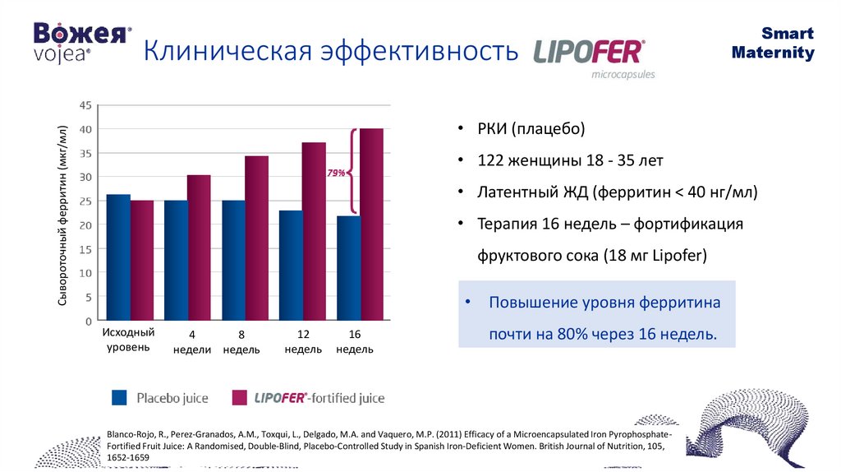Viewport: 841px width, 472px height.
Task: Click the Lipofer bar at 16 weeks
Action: [x=371, y=224]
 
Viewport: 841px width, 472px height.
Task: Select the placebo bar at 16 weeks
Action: [x=348, y=267]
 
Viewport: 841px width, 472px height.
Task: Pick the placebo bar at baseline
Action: [x=118, y=257]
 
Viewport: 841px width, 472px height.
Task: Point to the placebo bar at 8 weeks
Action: [x=233, y=260]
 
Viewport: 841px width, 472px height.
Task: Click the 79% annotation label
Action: [x=336, y=174]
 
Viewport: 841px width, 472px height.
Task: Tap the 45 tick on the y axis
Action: [x=85, y=105]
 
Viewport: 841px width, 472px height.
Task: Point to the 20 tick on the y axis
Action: [x=85, y=224]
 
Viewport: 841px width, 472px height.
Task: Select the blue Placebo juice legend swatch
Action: [x=120, y=398]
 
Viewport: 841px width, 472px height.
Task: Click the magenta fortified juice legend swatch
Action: [x=240, y=398]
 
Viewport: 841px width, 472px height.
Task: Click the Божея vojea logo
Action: [x=81, y=42]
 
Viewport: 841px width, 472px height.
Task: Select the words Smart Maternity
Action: [x=773, y=44]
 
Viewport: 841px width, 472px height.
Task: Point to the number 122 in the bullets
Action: [x=490, y=160]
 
